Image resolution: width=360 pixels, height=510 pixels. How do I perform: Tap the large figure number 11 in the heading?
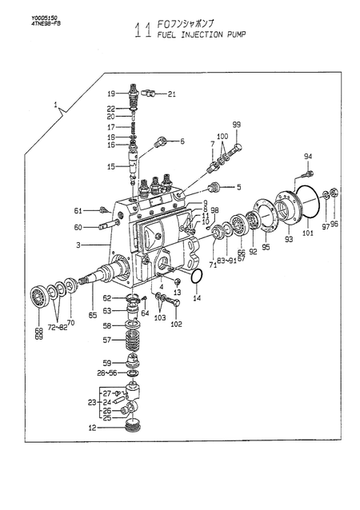[x=141, y=31]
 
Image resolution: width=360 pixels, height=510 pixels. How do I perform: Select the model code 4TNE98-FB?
[x=23, y=23]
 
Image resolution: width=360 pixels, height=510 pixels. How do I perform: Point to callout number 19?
[x=112, y=93]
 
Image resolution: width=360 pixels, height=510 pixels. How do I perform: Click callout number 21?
[x=172, y=94]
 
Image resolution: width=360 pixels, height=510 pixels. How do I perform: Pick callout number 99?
[x=236, y=124]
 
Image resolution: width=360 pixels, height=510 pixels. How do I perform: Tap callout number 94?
[x=307, y=156]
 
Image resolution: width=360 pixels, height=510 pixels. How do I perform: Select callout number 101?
[x=307, y=234]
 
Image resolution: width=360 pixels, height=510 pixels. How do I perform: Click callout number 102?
[x=176, y=324]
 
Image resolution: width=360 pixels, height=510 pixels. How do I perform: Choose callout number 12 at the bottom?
[x=92, y=428]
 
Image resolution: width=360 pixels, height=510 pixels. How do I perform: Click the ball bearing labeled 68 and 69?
[x=38, y=297]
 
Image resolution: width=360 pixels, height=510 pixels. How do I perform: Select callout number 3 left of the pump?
[x=78, y=245]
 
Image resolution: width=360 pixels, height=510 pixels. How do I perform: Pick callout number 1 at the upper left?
[x=55, y=105]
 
